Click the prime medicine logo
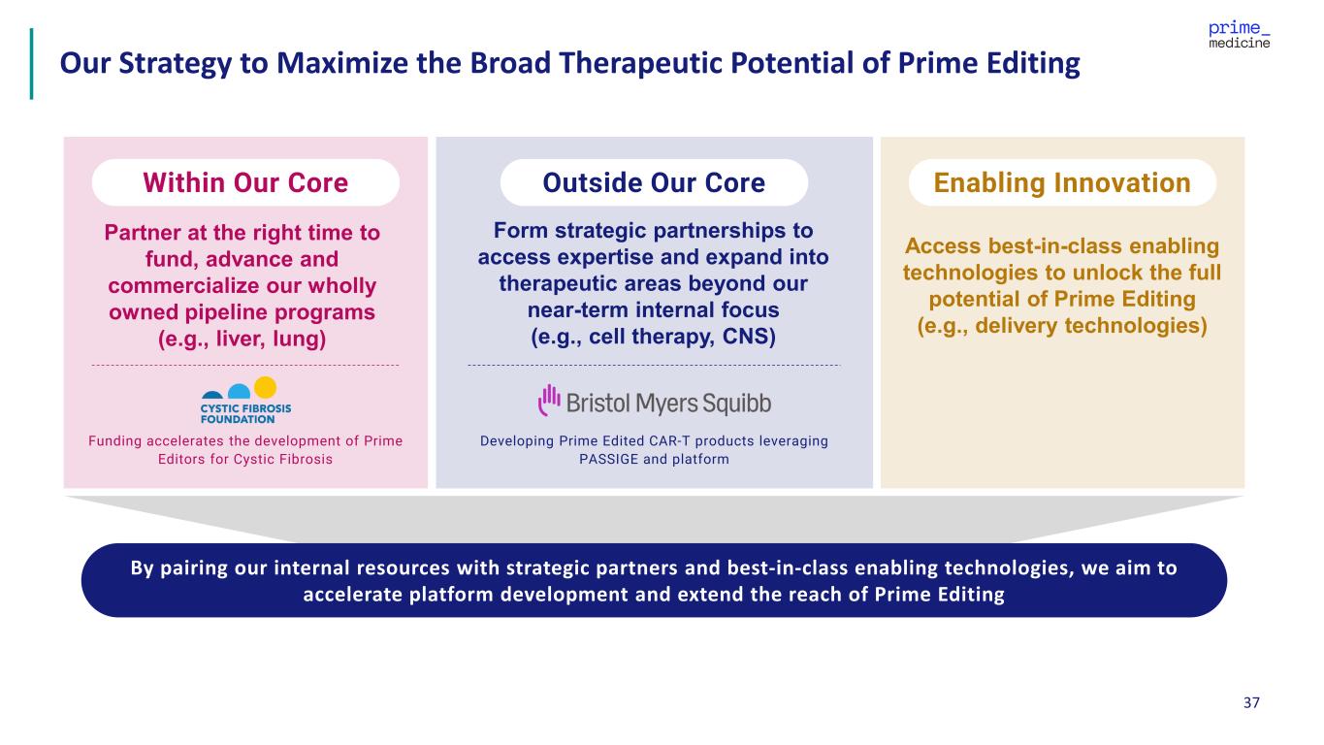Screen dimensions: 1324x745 point(1239,35)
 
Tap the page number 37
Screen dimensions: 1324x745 point(1251,702)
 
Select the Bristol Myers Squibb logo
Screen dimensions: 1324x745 point(655,402)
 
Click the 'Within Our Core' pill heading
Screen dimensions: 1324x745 point(245,182)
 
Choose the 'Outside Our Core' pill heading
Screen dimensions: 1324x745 point(654,182)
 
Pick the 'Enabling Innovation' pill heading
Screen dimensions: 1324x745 point(1062,182)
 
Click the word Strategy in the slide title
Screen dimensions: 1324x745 point(176,64)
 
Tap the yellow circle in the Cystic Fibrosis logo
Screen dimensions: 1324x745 point(265,388)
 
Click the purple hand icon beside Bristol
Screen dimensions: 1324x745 point(549,401)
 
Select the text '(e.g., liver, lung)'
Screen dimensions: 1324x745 point(242,340)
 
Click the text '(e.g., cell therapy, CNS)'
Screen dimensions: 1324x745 point(653,337)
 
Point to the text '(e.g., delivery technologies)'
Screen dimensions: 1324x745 point(1062,326)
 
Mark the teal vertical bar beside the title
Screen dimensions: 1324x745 point(31,64)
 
